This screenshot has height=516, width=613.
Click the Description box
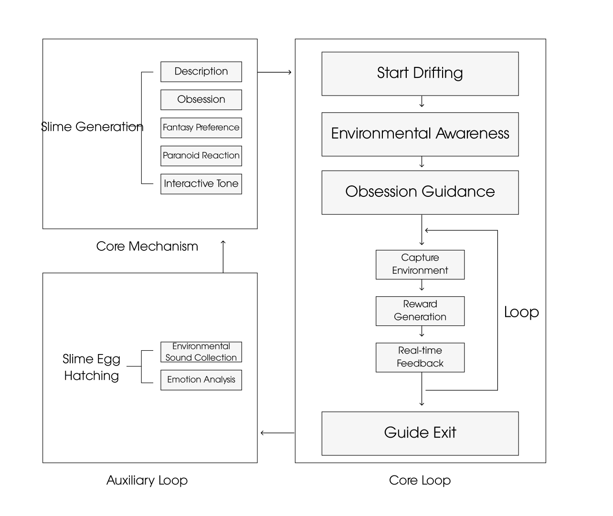point(201,72)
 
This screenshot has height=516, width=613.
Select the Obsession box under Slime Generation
point(201,100)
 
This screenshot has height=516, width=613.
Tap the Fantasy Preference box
point(201,128)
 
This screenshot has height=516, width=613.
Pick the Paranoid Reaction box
point(201,156)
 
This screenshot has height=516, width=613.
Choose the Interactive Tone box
point(201,184)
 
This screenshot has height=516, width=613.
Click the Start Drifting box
point(420,74)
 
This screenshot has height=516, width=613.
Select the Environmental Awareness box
point(420,134)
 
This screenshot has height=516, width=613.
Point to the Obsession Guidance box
point(420,192)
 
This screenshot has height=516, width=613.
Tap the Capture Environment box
point(420,264)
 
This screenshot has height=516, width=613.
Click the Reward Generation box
point(420,311)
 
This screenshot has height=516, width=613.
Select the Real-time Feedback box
point(420,357)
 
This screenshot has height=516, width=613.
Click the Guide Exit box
point(420,433)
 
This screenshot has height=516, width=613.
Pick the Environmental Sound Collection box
point(201,352)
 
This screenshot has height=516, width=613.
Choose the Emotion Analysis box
point(201,380)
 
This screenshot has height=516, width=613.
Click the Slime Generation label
point(92,127)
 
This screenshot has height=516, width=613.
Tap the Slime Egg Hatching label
point(92,367)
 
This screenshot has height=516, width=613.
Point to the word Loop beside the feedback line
point(521,312)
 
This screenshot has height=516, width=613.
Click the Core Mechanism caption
point(147,247)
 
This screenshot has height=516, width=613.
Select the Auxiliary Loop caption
point(147,480)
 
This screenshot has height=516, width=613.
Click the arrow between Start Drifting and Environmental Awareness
point(422,102)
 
